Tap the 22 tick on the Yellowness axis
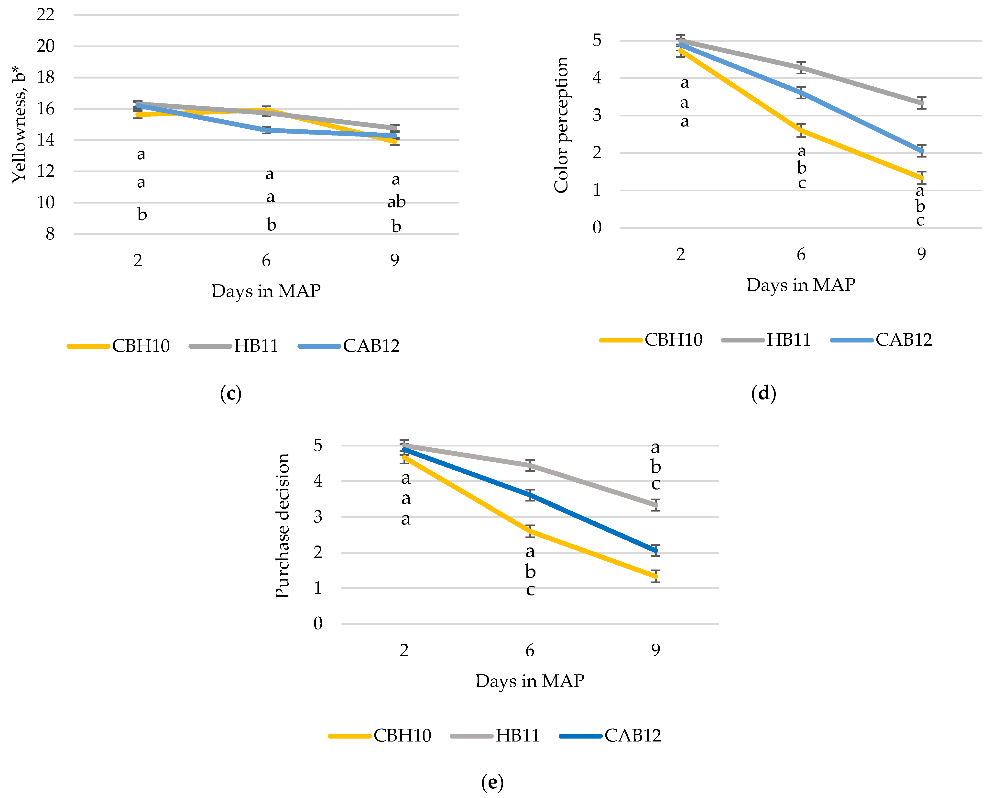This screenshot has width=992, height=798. [45, 15]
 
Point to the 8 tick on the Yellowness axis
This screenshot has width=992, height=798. [50, 234]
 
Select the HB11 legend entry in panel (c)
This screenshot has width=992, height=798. [234, 346]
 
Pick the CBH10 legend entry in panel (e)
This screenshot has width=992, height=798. [380, 735]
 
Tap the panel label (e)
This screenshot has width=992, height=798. [492, 782]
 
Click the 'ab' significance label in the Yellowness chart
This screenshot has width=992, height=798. [396, 202]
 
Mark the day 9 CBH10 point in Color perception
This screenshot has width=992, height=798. [921, 178]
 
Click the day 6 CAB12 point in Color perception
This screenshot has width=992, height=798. [802, 92]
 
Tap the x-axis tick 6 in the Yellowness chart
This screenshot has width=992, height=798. [266, 261]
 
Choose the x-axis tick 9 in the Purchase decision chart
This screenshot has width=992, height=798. [656, 650]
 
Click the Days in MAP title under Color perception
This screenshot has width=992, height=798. [801, 285]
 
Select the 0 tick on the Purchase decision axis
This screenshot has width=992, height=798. [318, 624]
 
